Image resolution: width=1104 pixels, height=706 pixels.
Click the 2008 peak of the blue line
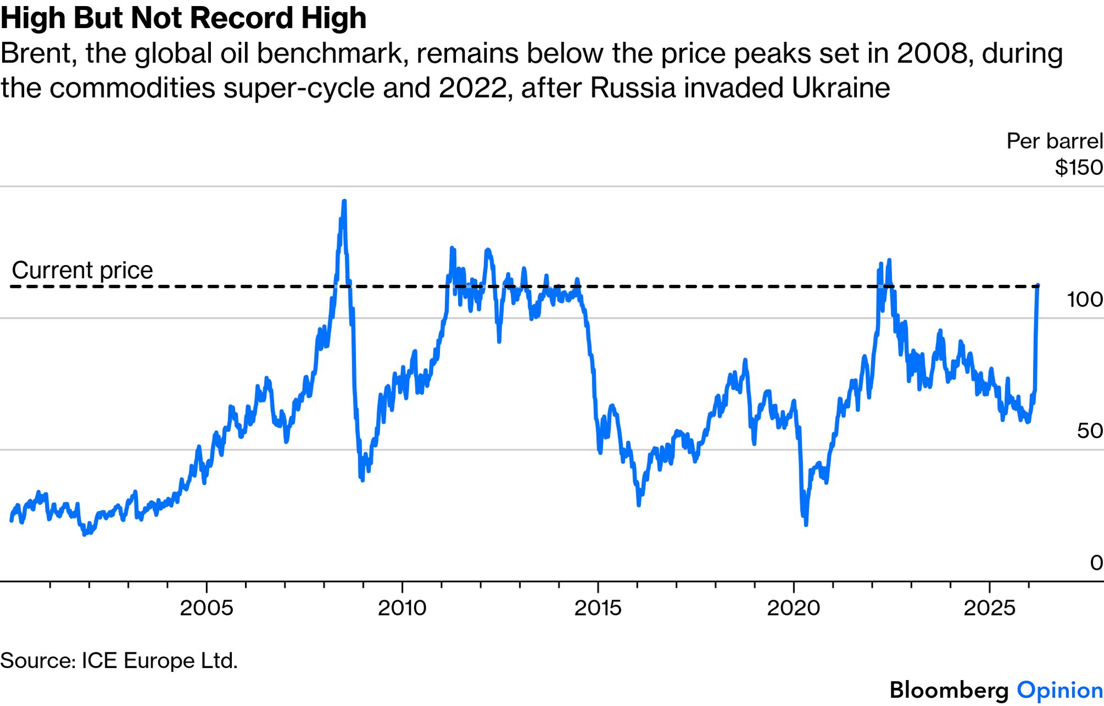(345, 202)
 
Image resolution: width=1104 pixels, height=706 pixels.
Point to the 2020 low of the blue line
(806, 524)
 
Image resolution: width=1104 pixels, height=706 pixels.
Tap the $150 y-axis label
(1079, 168)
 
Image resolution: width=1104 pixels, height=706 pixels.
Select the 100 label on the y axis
(1085, 300)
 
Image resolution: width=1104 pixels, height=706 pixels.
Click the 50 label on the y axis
(1090, 431)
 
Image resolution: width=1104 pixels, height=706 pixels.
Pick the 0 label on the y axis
(1096, 563)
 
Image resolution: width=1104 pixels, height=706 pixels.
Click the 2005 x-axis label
(206, 608)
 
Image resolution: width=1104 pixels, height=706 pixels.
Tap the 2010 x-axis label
(402, 608)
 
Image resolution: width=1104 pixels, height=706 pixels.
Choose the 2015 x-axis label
(598, 608)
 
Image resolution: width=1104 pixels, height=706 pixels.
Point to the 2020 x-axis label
(793, 608)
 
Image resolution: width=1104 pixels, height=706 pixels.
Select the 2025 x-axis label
(989, 608)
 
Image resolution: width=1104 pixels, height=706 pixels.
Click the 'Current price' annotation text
(83, 271)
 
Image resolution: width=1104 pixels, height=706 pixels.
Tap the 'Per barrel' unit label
(1054, 142)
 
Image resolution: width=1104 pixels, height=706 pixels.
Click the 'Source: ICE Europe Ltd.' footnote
(119, 660)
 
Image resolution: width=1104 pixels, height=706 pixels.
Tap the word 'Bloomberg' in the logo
(949, 690)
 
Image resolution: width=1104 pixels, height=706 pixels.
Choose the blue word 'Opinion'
(1059, 690)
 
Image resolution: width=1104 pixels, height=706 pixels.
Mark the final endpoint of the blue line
(1038, 285)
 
